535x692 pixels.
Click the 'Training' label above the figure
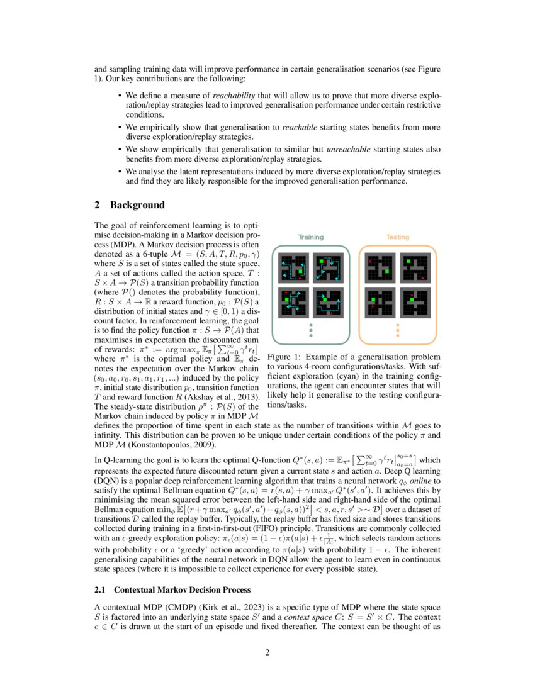pos(310,237)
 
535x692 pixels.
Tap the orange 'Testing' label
pos(397,237)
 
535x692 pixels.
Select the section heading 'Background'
pos(137,205)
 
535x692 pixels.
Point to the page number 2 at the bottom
pos(267,652)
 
